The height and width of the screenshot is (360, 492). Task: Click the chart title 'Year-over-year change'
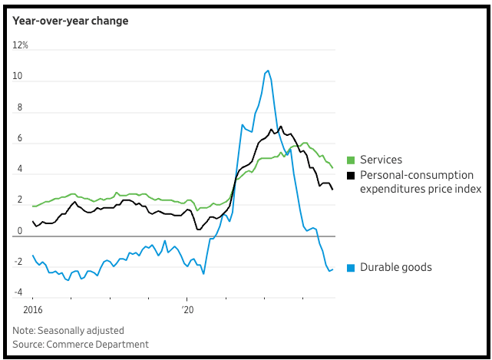(x=70, y=21)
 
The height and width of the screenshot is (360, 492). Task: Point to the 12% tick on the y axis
(x=21, y=46)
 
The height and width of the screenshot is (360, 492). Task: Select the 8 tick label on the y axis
(x=18, y=108)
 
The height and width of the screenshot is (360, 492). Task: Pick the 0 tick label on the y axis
(x=18, y=231)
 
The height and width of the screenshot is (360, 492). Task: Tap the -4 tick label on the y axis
(x=18, y=292)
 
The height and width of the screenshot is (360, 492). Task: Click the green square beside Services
(x=351, y=160)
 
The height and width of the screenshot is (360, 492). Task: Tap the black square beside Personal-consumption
(x=351, y=175)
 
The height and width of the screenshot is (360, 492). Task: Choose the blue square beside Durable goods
(x=351, y=267)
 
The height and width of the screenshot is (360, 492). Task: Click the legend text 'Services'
(x=381, y=160)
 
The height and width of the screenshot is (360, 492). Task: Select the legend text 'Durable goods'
(x=396, y=267)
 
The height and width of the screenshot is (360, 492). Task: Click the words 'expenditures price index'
(x=421, y=189)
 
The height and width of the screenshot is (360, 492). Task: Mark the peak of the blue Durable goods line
(x=267, y=71)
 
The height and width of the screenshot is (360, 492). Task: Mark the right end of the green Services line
(x=332, y=167)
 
